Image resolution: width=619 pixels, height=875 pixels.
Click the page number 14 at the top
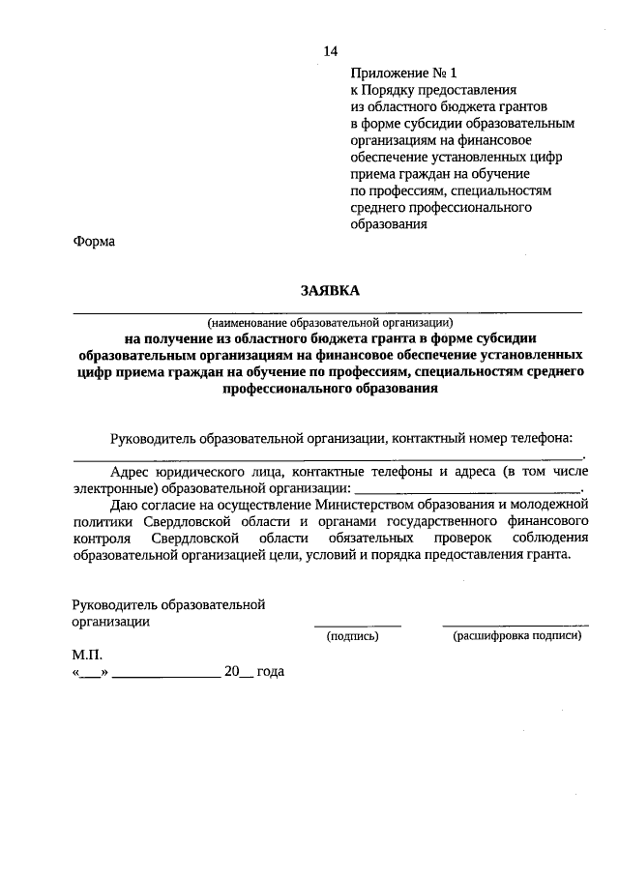pyautogui.click(x=332, y=51)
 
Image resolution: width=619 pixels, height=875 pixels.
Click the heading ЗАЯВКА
pyautogui.click(x=327, y=291)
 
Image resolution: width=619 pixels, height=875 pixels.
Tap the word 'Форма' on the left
pyautogui.click(x=94, y=242)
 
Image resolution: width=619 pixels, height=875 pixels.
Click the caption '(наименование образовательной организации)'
pyautogui.click(x=328, y=322)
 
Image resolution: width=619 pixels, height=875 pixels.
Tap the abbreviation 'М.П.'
pyautogui.click(x=87, y=655)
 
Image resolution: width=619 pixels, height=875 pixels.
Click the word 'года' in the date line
pyautogui.click(x=270, y=671)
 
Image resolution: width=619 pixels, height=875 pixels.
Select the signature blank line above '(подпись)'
pyautogui.click(x=357, y=626)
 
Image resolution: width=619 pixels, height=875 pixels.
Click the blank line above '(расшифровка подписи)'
pyautogui.click(x=516, y=626)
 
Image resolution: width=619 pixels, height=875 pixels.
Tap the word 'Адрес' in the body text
pyautogui.click(x=131, y=472)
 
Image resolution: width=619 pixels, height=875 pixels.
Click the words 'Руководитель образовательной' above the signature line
pyautogui.click(x=168, y=604)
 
